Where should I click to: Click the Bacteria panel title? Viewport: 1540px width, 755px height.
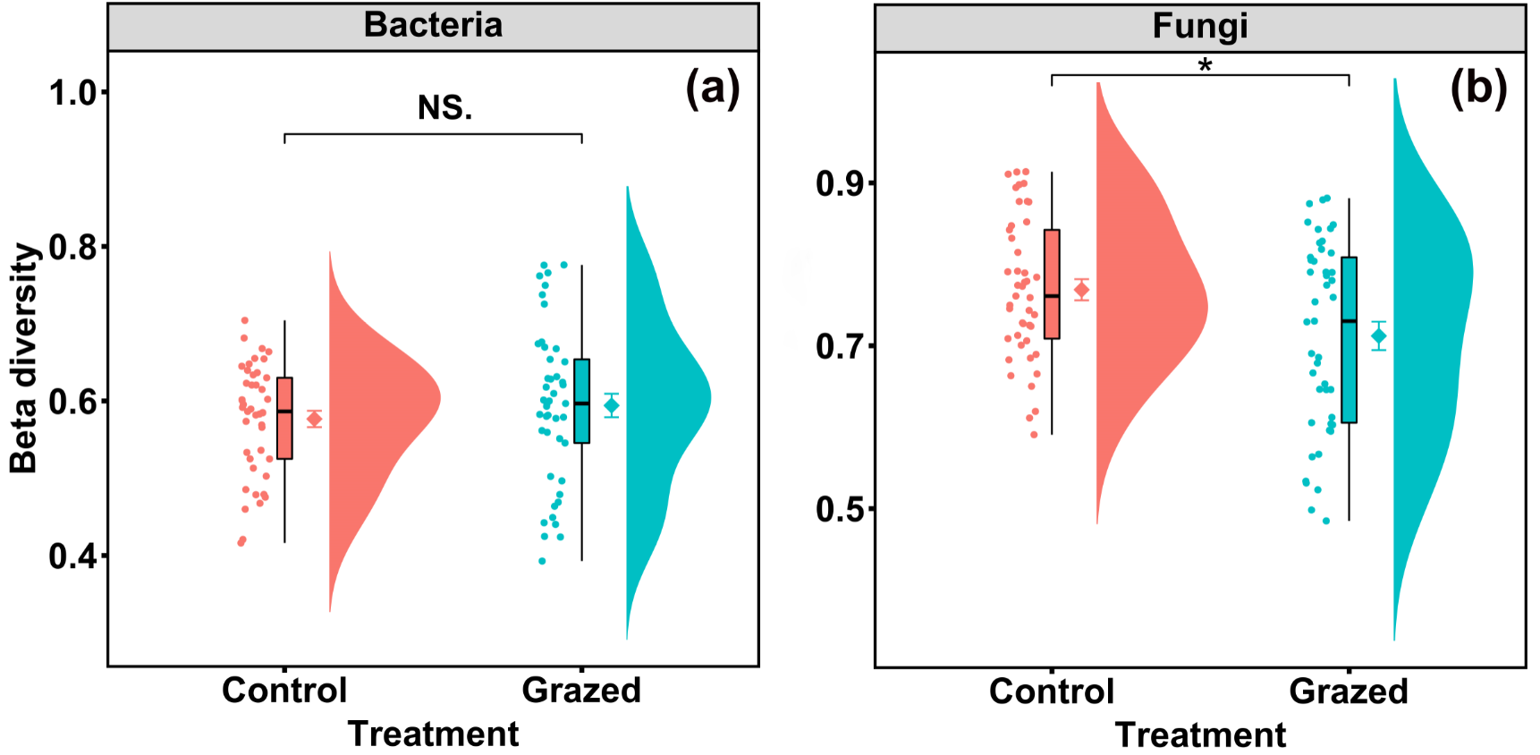point(433,25)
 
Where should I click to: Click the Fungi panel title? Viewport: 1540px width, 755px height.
point(1199,26)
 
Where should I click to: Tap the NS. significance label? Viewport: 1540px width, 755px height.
point(444,108)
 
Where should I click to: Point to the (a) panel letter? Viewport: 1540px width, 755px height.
point(712,89)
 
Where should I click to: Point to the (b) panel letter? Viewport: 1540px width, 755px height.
point(1478,89)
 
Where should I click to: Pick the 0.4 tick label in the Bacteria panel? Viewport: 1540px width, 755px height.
point(73,556)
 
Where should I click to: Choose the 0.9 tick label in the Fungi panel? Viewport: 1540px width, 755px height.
point(840,183)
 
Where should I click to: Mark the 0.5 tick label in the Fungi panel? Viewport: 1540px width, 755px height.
point(840,509)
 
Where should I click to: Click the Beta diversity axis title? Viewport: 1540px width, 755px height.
point(24,358)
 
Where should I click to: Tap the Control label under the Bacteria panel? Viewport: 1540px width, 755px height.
point(284,691)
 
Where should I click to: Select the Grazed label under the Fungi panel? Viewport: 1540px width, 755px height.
point(1349,691)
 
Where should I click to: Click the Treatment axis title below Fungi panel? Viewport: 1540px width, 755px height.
point(1200,734)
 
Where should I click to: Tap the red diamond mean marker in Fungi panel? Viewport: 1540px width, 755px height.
point(1081,290)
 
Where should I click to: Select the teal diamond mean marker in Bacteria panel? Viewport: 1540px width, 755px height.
point(612,406)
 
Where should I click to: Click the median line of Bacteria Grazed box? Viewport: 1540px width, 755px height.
point(581,403)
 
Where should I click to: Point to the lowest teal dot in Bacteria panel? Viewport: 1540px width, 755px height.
point(542,561)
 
